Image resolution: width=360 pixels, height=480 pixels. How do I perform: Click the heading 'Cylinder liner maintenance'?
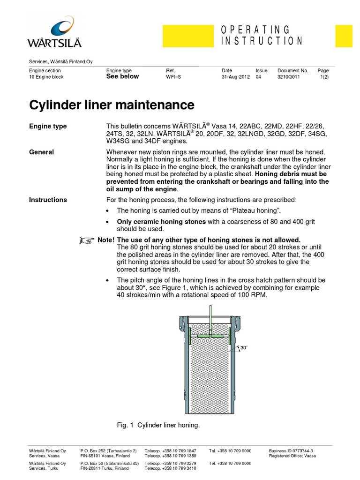[112, 104]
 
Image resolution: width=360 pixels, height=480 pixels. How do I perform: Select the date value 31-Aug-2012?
[236, 77]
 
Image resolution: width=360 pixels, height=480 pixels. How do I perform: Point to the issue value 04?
[258, 77]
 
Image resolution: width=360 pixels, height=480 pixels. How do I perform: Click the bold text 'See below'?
[123, 76]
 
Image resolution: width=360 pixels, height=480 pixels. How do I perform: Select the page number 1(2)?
[324, 77]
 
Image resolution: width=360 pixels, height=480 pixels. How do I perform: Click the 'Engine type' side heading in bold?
[48, 126]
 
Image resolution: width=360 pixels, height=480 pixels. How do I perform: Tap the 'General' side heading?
[42, 152]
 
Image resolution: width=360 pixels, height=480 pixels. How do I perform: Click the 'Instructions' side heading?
[48, 200]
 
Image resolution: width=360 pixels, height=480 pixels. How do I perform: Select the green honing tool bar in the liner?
[211, 336]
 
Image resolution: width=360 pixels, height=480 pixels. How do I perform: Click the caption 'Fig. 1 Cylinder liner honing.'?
[158, 425]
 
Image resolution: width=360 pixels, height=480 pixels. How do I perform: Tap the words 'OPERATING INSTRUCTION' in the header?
[262, 36]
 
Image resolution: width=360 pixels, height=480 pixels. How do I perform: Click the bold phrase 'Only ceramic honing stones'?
[161, 221]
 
